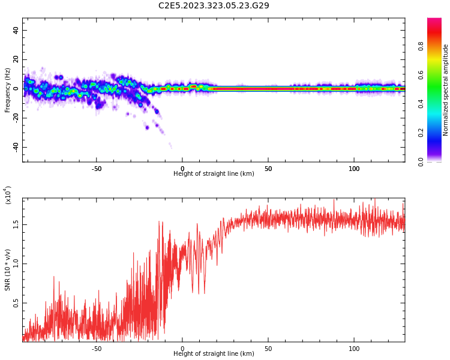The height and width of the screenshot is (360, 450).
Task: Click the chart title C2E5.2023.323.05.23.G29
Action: [x=214, y=6]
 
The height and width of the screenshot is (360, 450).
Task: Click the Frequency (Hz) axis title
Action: [x=8, y=90]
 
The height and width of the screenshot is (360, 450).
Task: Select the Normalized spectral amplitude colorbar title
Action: [x=446, y=90]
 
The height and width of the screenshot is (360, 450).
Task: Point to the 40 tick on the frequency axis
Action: [x=16, y=31]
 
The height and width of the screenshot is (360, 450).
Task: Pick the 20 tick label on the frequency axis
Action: [x=16, y=59]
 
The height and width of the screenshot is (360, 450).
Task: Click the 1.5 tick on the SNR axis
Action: [x=16, y=224]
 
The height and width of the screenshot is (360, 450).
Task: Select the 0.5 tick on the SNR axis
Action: [x=16, y=303]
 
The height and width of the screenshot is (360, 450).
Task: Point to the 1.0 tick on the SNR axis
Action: [x=16, y=263]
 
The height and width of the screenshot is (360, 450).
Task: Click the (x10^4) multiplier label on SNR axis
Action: [x=8, y=195]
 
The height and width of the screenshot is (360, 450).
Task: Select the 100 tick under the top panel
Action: [x=354, y=169]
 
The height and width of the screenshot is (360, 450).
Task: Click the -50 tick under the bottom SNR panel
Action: [x=97, y=349]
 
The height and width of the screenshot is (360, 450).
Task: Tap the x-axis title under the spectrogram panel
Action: [x=214, y=174]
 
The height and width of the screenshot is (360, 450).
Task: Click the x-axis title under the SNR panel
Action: [x=214, y=354]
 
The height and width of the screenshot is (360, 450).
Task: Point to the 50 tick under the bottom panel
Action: [x=268, y=349]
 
